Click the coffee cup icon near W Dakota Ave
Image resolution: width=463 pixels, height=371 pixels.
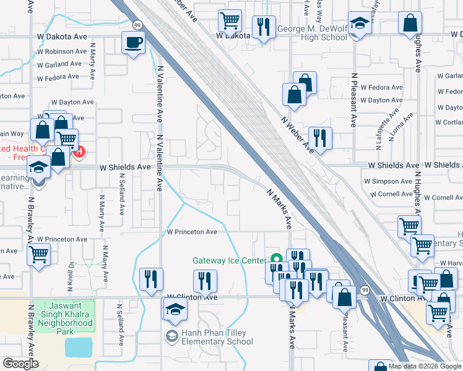134,43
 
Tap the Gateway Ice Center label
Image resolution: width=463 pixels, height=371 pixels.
229,261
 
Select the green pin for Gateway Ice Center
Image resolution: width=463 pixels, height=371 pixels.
276,258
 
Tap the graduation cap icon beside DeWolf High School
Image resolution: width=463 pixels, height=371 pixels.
358,23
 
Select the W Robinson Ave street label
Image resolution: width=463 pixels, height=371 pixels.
64,51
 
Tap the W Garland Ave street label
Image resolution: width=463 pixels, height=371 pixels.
59,64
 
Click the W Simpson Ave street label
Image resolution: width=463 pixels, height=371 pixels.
388,182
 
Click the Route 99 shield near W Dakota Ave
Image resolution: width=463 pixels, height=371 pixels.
136,24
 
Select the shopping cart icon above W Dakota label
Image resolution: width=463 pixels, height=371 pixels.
230,20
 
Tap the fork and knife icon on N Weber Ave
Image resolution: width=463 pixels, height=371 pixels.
320,137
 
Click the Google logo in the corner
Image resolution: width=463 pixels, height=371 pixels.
20,364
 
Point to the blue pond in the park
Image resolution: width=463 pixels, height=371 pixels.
77,348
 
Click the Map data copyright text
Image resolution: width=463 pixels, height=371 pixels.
424,366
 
